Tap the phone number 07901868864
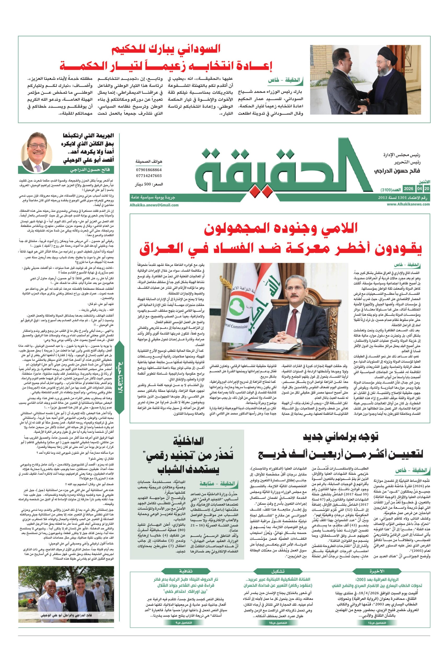click(148, 170)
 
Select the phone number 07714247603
click(148, 176)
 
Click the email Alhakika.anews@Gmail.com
click(154, 205)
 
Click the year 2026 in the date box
click(408, 189)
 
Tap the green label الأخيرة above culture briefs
click(377, 571)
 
